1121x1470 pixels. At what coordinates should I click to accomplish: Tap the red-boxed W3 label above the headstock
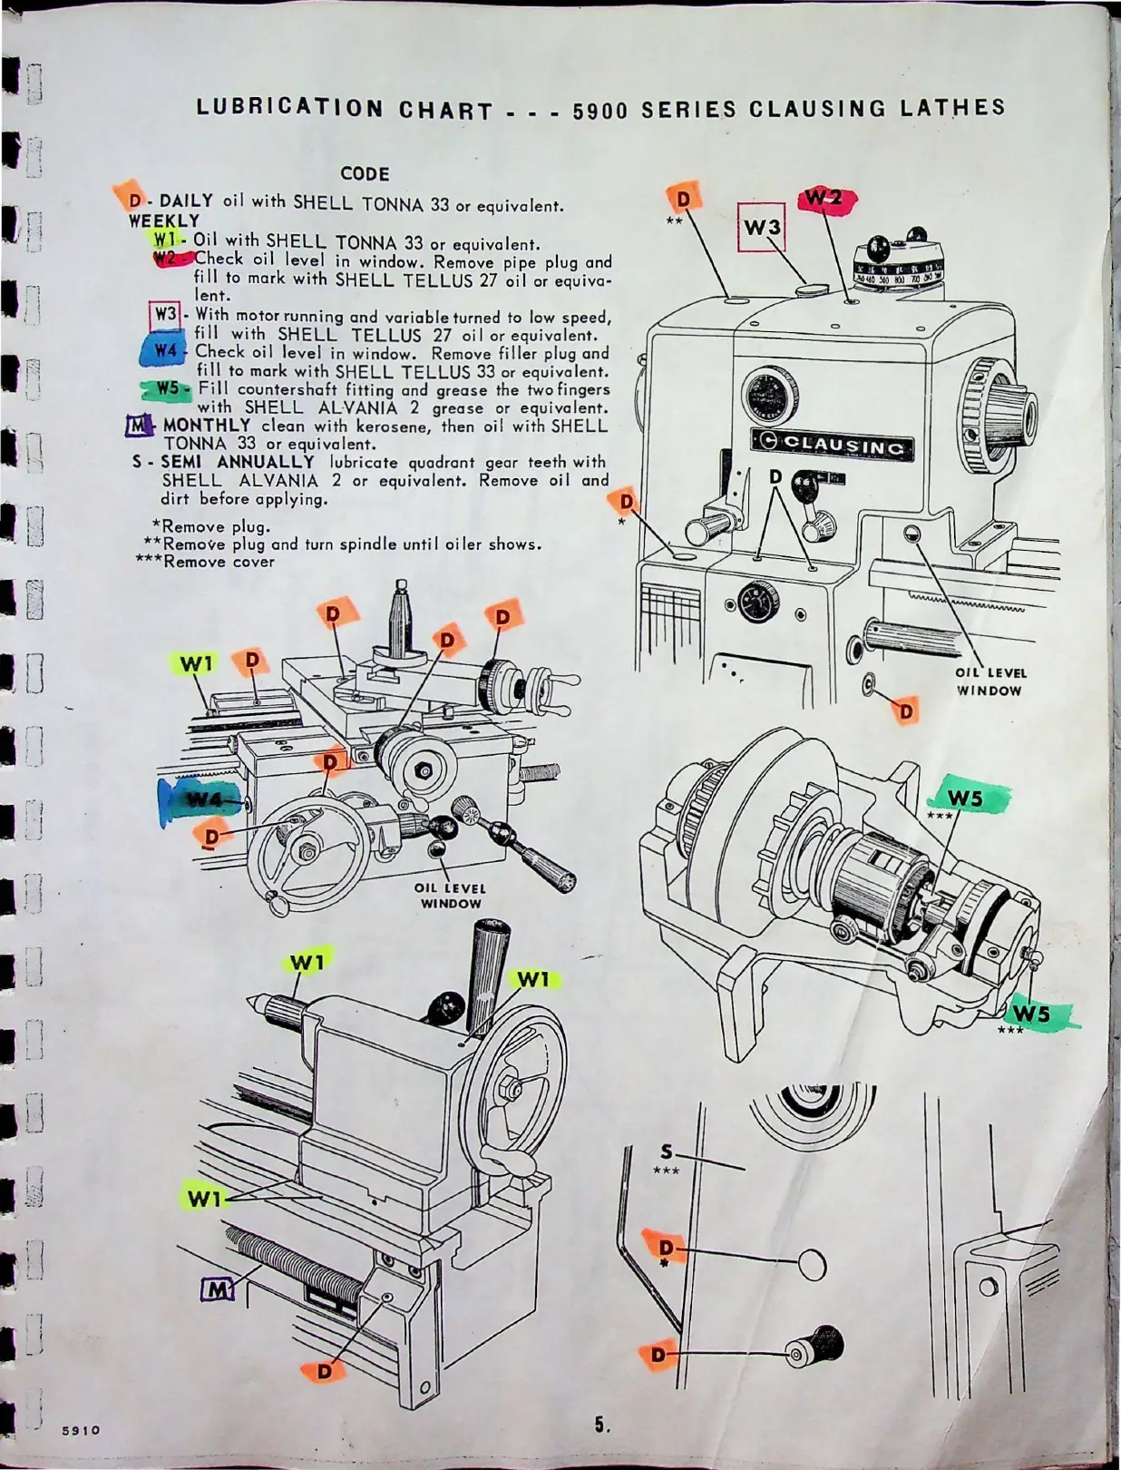(761, 227)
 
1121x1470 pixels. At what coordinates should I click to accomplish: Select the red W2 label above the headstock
(825, 199)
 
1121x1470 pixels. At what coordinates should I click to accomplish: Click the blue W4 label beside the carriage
(201, 799)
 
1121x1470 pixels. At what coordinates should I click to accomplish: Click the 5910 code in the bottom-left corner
(81, 1430)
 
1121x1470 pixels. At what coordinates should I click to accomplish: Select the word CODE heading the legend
(365, 173)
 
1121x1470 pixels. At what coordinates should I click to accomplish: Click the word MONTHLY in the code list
(207, 425)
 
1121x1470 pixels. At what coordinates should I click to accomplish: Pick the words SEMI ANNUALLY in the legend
(238, 462)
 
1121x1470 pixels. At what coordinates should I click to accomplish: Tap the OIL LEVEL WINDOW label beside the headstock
(990, 681)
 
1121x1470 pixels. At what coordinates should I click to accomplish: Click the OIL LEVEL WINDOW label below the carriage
(451, 896)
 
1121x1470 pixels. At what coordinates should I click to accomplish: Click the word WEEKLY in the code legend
(164, 220)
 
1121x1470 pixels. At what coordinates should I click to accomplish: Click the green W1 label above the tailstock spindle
(308, 962)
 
